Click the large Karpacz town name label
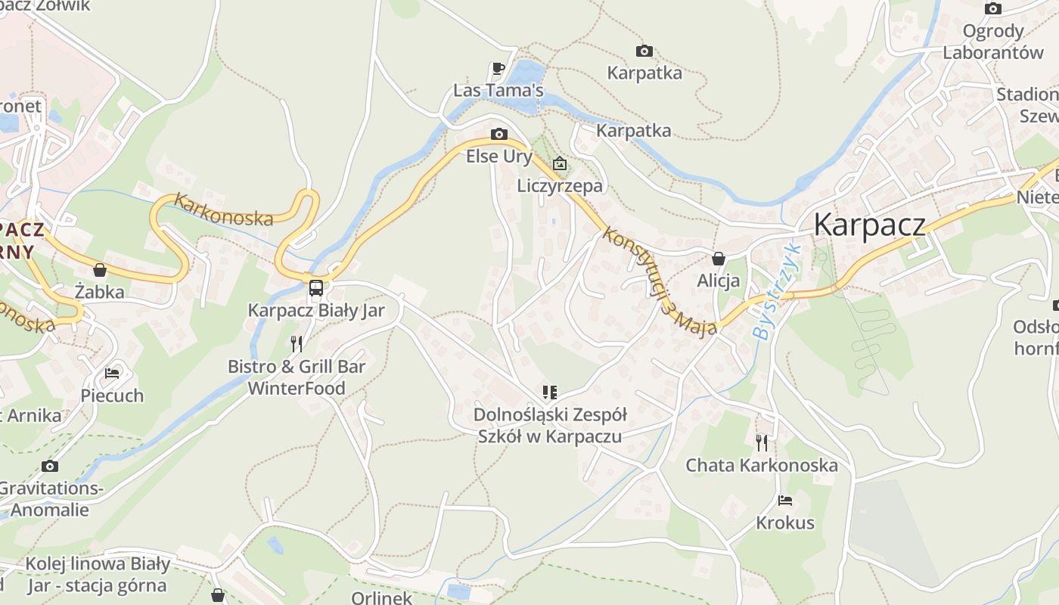coord(869,225)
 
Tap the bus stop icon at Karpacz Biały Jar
coord(316,287)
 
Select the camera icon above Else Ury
coord(499,135)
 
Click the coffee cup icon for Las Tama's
coord(498,69)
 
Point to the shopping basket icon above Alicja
coord(719,259)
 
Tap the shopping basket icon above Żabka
coord(100,270)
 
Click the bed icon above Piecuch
coord(112,374)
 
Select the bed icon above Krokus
coord(785,501)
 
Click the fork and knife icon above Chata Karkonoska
coord(762,442)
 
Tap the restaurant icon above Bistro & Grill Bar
coord(297,344)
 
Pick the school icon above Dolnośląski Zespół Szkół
coord(550,392)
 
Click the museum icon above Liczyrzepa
coord(560,163)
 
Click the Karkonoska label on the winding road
coord(223,210)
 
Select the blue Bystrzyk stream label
coord(778,291)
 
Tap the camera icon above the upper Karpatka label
coord(644,51)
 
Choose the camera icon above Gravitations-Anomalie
coord(50,466)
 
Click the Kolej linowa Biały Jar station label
coord(98,575)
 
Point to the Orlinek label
coord(383,597)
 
